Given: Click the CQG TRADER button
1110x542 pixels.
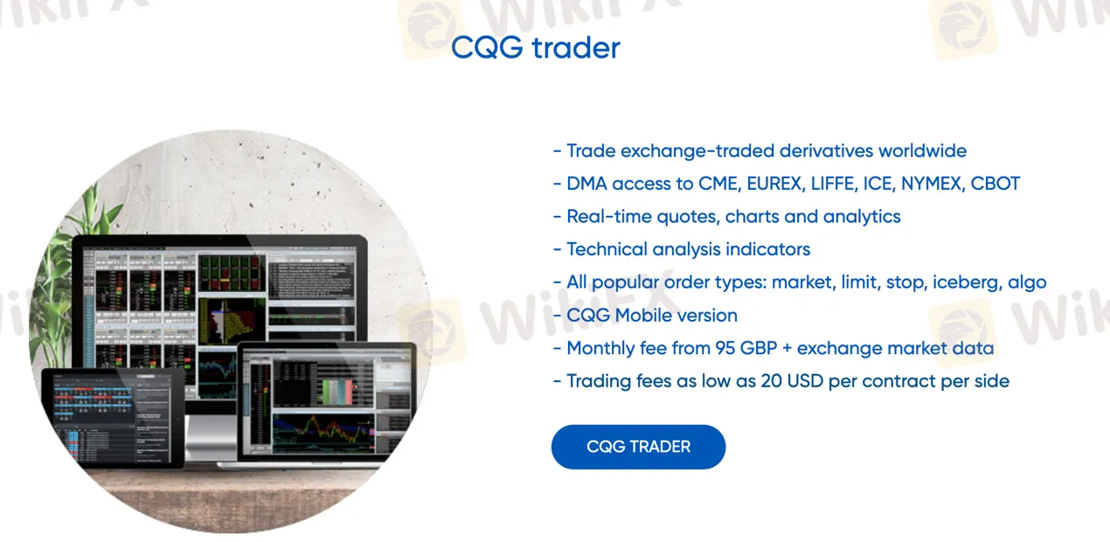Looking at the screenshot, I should tap(638, 447).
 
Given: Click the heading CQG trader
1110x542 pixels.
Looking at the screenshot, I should tap(535, 47).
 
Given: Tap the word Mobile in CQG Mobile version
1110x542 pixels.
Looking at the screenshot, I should tap(650, 316).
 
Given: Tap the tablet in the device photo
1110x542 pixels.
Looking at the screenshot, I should tap(113, 416).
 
